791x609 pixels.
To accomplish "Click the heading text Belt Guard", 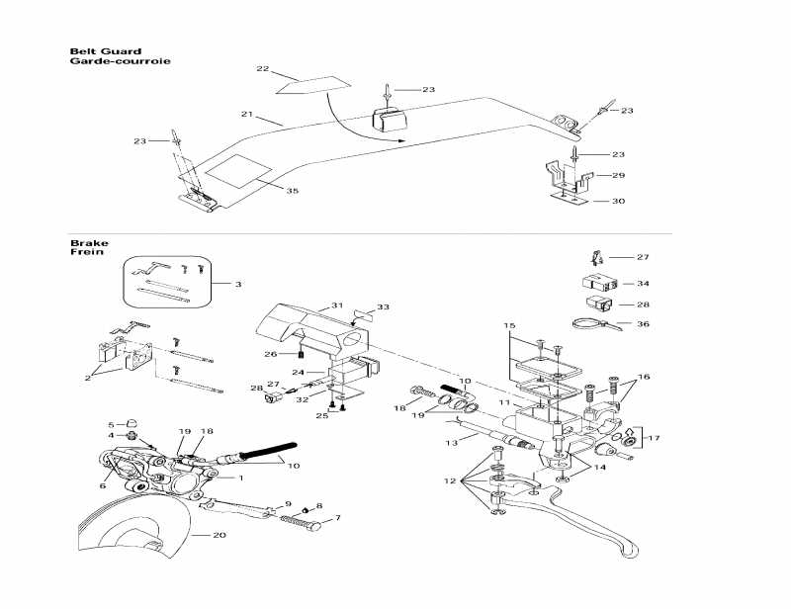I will coord(105,51).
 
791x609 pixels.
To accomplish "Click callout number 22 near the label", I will coord(262,69).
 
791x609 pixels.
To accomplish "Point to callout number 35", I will coord(292,191).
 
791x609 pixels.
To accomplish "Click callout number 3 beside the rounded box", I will coord(237,285).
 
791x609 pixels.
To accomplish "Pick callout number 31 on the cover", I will coord(336,305).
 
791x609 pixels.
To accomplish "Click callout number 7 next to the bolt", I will coord(337,517).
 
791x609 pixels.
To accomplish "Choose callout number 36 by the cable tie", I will coord(645,323).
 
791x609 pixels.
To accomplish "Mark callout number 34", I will coord(644,283).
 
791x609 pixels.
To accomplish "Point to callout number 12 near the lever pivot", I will coord(450,481).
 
